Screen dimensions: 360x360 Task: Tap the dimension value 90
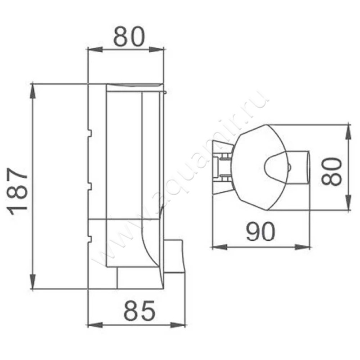pos(261,232)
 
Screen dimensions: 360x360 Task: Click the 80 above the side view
pos(129,36)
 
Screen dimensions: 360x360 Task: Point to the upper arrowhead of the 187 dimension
pos(33,90)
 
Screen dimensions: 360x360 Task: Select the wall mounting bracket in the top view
pos(220,166)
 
